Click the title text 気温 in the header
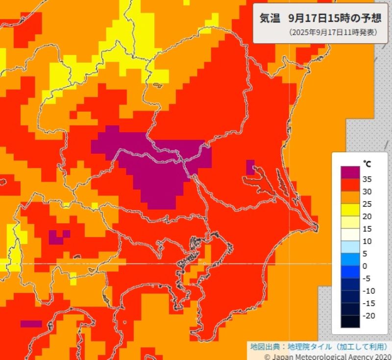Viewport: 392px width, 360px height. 270,18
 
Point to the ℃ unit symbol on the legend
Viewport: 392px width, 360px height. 367,163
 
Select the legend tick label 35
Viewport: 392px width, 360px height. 367,179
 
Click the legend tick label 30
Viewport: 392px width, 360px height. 367,192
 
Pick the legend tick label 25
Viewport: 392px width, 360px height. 367,204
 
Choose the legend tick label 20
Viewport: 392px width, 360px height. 367,216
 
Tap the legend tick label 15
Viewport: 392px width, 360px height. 367,229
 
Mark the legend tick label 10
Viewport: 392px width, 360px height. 367,241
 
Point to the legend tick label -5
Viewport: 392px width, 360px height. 366,278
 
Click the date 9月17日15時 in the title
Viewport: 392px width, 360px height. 318,18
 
